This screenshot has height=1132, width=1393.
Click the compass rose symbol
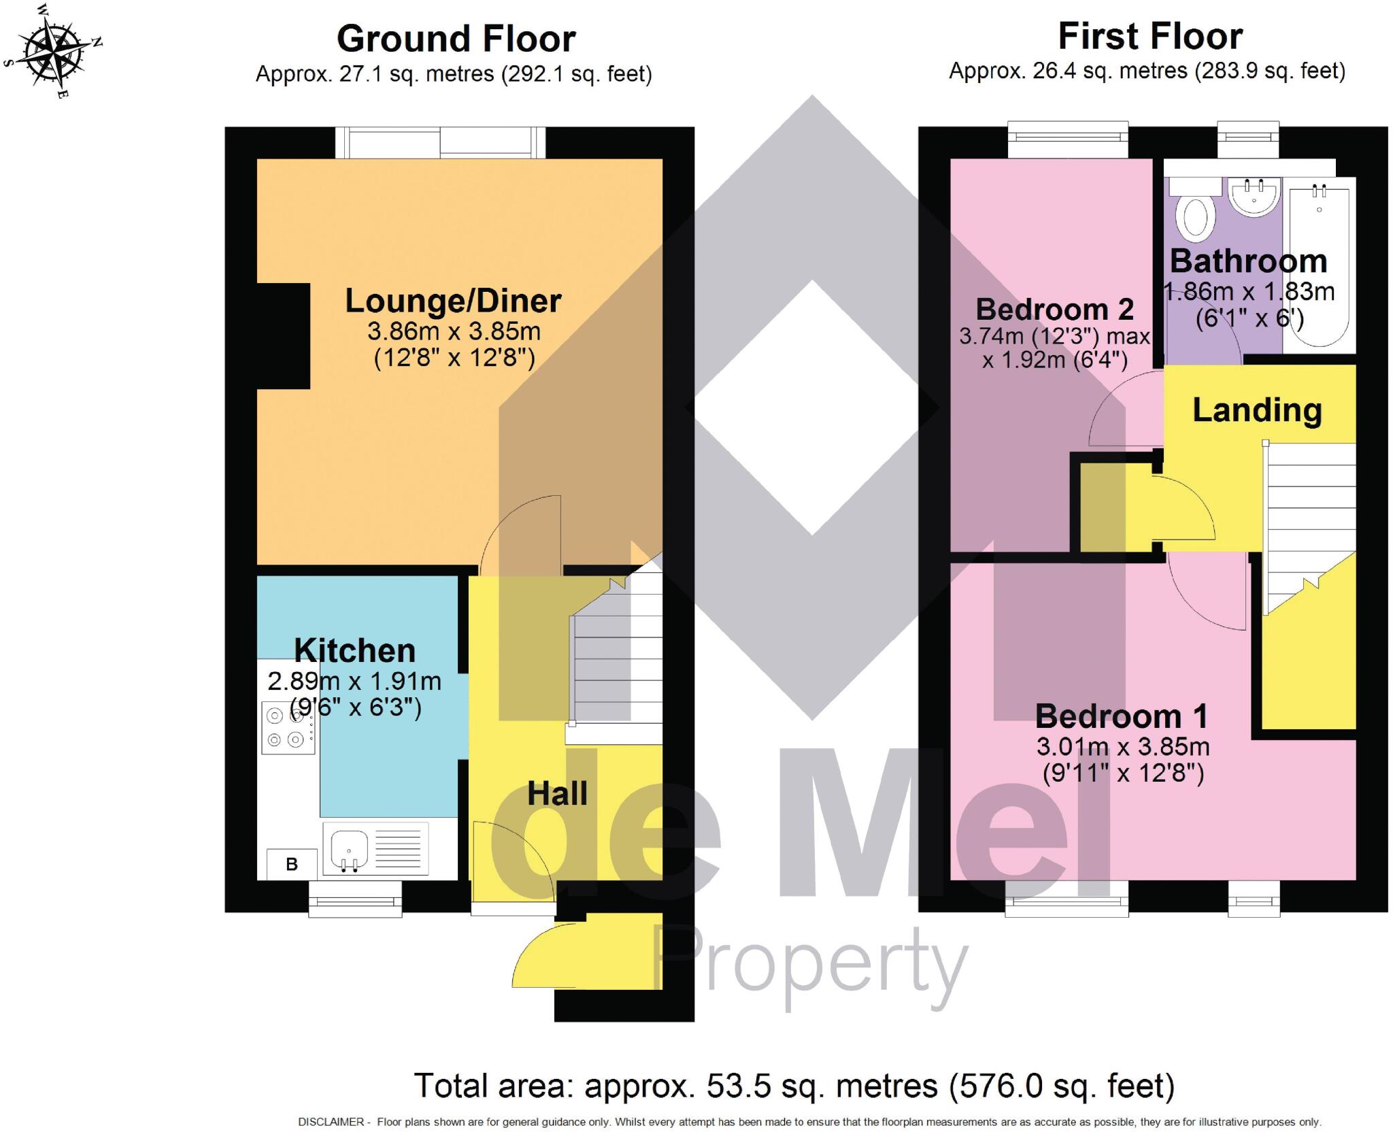(52, 52)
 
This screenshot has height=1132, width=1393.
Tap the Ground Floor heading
(456, 39)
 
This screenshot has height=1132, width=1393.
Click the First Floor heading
(1149, 37)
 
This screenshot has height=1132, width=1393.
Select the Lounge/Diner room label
(453, 301)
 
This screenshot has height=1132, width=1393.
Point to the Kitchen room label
(354, 651)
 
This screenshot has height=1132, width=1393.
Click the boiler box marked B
(291, 864)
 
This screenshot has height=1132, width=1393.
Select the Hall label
(557, 793)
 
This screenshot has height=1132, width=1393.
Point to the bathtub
(1318, 265)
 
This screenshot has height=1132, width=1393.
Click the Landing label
(1257, 410)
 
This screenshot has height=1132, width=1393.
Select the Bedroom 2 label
(1054, 310)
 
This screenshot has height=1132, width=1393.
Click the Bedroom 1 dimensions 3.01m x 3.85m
(1122, 747)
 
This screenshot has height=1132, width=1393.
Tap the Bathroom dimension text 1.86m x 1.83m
(1249, 292)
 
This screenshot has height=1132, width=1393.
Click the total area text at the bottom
(794, 1086)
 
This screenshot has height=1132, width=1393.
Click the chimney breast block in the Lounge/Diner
(283, 336)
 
